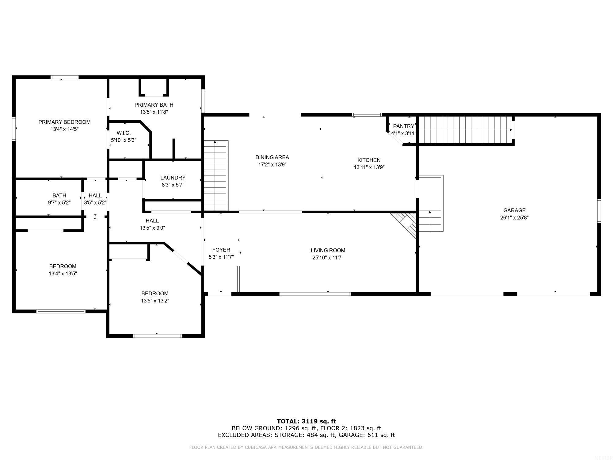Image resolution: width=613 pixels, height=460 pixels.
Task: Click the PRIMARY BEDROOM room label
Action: pos(64,122)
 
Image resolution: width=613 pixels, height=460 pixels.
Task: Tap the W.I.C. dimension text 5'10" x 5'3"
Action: pos(124,140)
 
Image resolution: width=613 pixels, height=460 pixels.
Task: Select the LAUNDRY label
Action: pos(173,178)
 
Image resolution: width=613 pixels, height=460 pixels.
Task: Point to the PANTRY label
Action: pos(403,126)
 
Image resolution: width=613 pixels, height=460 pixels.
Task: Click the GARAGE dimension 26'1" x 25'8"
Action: pos(514,218)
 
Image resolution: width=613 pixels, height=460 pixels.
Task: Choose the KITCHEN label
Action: pos(369,160)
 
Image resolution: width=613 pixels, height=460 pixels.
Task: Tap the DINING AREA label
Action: pos(272,157)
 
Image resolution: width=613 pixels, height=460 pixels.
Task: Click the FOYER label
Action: pos(221,250)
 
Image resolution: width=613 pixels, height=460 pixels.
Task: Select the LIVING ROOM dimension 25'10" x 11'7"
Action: pos(328,258)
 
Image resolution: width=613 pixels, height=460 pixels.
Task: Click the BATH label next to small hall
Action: pos(59,195)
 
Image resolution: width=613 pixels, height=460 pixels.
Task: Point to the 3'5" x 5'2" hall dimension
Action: pos(95,203)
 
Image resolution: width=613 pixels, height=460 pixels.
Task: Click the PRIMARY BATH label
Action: pos(154,105)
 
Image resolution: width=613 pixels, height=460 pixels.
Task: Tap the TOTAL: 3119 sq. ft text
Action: pos(306,421)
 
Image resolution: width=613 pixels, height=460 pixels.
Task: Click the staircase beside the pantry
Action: pos(465,130)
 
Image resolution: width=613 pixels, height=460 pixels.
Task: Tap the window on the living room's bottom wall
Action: pos(315,294)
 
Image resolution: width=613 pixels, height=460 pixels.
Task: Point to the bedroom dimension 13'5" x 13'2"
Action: pos(155,301)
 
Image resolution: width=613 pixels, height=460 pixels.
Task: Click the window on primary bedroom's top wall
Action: pos(64,77)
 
